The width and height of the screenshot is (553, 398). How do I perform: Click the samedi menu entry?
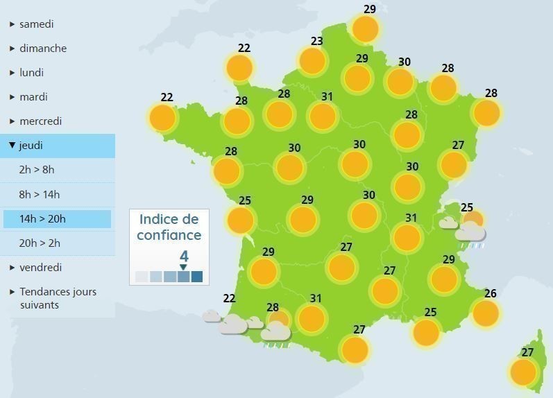pos(37,24)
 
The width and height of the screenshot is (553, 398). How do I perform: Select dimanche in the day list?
pos(43,49)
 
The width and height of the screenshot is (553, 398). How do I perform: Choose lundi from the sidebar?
pos(31,73)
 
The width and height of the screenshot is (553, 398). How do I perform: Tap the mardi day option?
pos(33,97)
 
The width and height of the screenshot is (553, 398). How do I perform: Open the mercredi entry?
pos(40,121)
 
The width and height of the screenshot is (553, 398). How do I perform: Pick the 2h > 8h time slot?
pos(37,170)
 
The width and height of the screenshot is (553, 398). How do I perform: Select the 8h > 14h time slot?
pos(40,194)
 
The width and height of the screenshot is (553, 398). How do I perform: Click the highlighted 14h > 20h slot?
pos(42,219)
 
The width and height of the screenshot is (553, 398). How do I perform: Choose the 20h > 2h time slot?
pos(40,243)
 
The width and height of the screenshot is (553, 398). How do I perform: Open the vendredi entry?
pos(40,268)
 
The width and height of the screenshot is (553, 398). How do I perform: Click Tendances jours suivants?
pos(58,298)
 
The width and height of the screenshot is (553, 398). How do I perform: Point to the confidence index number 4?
pos(184,257)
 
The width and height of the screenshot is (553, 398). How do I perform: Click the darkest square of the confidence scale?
pos(197,277)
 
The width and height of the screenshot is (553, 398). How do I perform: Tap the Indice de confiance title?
pos(169,227)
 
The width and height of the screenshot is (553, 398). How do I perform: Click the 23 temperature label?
pos(317,42)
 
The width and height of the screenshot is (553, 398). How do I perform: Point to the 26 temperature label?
pos(491,294)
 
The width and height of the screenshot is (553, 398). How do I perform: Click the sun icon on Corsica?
pos(523,372)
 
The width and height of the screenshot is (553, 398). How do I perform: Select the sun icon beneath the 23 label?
pos(312,61)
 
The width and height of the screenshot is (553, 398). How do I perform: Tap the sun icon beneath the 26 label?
pos(485,313)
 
